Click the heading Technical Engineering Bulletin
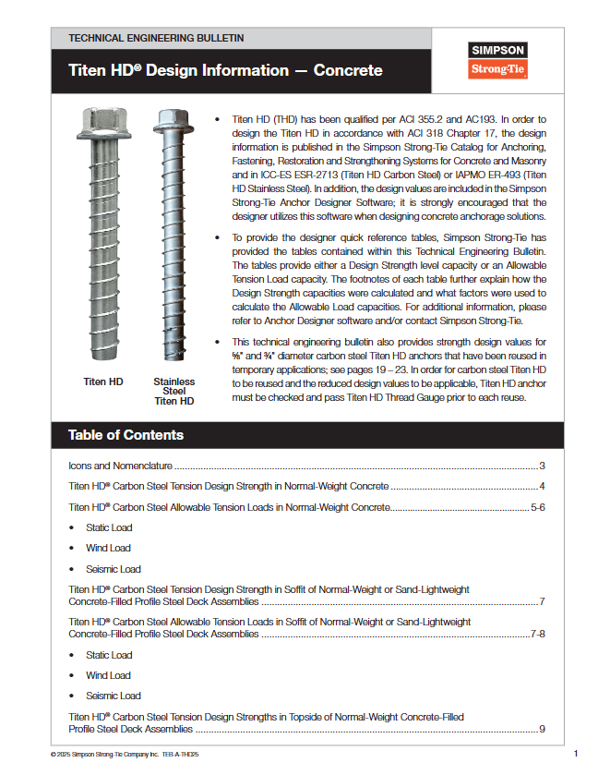click(x=156, y=38)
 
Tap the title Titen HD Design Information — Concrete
click(x=225, y=71)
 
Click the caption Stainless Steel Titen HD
click(x=173, y=392)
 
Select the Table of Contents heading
click(x=126, y=435)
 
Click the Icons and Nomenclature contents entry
click(x=121, y=466)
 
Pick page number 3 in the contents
click(x=543, y=466)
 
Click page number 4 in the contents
click(x=543, y=487)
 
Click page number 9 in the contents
click(x=543, y=729)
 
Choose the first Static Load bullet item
click(x=109, y=528)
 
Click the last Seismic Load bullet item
click(x=114, y=696)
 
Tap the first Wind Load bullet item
click(x=108, y=549)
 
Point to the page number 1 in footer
click(x=575, y=754)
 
